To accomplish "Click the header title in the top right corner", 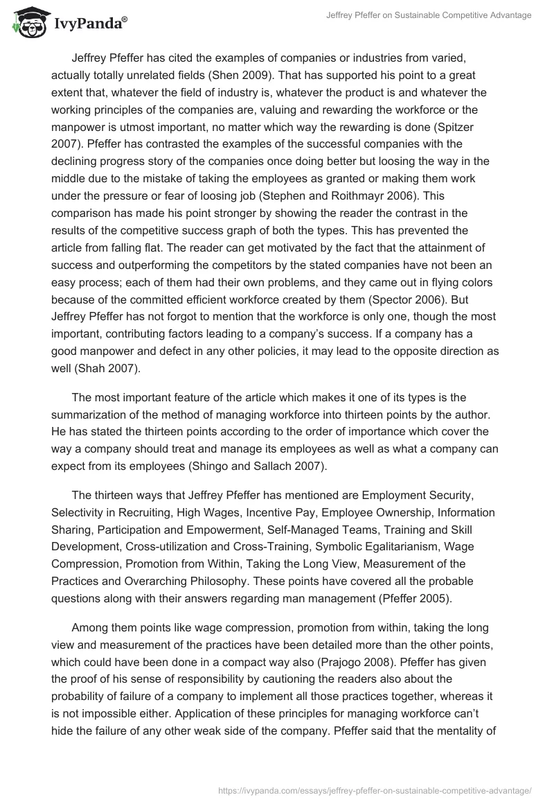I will tap(429, 15).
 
